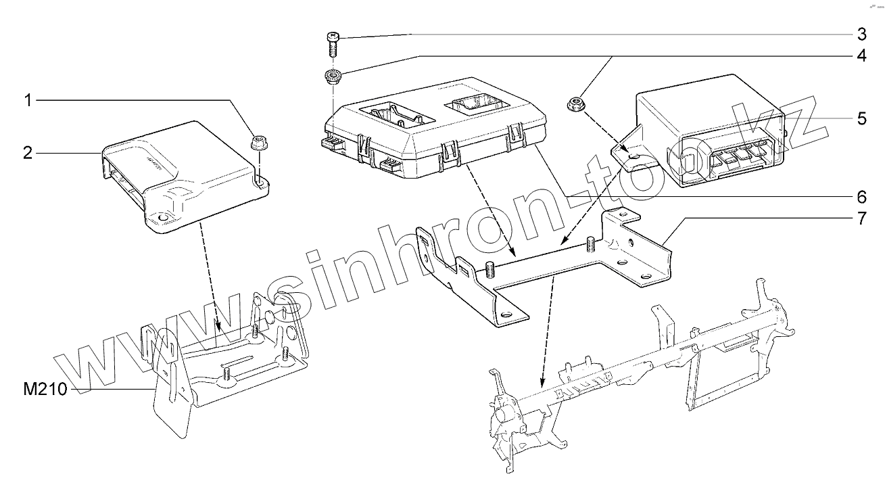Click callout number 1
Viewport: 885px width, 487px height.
28,101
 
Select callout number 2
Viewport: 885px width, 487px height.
28,153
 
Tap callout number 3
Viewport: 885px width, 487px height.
861,34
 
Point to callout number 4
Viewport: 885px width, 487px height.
861,55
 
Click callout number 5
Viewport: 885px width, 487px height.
861,119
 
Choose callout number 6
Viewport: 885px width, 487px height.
861,197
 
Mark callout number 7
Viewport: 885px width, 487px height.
861,219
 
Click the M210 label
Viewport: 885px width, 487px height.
44,390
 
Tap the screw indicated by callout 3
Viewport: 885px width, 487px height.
332,45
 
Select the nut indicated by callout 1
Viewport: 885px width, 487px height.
258,143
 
